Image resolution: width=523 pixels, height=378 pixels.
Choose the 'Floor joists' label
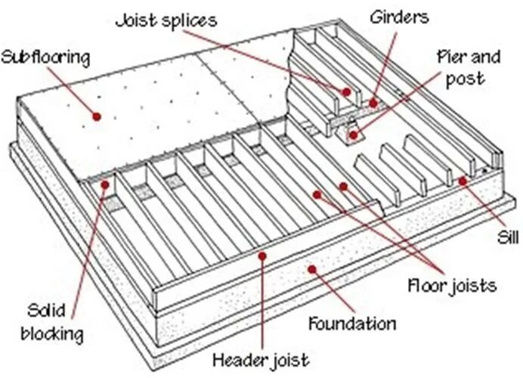[x=452, y=286]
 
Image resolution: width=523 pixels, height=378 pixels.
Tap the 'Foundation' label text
[x=351, y=324]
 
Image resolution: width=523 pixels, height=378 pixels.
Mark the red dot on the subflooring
[x=96, y=115]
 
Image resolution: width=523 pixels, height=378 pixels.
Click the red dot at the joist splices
[x=347, y=92]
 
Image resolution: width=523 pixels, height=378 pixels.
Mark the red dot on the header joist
[x=261, y=256]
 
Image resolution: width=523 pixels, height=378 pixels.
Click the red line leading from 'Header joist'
[x=261, y=302]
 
